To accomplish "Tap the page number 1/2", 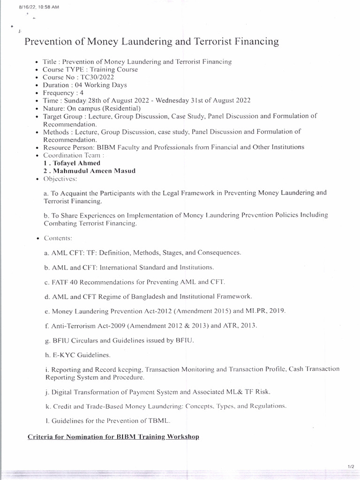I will [351, 466].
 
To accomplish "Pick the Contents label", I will [58, 238].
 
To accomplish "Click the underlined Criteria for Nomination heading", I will [113, 436].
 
